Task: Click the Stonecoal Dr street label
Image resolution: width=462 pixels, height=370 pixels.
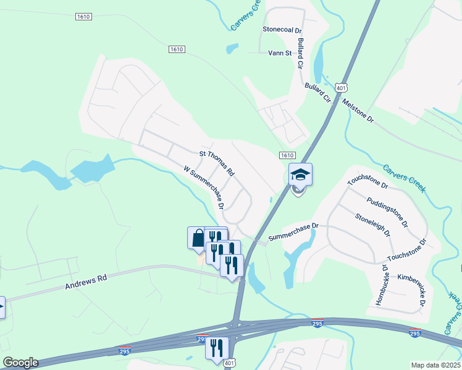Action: (282, 29)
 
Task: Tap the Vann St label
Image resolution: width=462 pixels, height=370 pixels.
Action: (280, 53)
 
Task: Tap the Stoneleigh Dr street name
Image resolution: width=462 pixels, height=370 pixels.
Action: (373, 226)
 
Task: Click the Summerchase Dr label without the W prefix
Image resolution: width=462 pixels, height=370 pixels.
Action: (293, 231)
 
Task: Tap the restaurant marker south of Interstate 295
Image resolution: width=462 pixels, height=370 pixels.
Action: (217, 347)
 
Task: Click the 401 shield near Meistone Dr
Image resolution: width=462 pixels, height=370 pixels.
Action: (340, 88)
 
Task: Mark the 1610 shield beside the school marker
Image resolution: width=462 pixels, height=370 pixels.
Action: (287, 155)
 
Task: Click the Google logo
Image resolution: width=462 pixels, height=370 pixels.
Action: (20, 363)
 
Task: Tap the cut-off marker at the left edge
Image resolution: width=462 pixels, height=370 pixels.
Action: (2, 306)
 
